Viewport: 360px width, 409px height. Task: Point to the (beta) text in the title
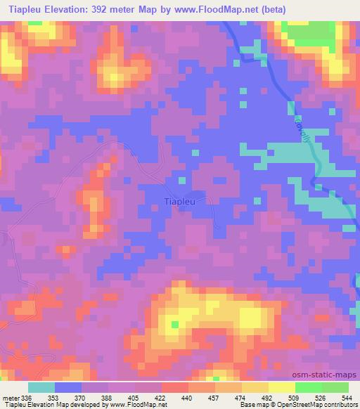click(x=269, y=10)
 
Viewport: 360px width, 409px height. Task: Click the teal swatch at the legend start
click(x=41, y=387)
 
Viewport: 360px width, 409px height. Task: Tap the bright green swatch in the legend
click(x=308, y=387)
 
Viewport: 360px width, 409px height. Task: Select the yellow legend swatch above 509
click(x=281, y=387)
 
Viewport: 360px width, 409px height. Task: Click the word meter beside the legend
click(x=11, y=397)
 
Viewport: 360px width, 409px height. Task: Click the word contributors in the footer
click(x=337, y=405)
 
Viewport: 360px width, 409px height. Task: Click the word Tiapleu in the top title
click(x=25, y=10)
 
